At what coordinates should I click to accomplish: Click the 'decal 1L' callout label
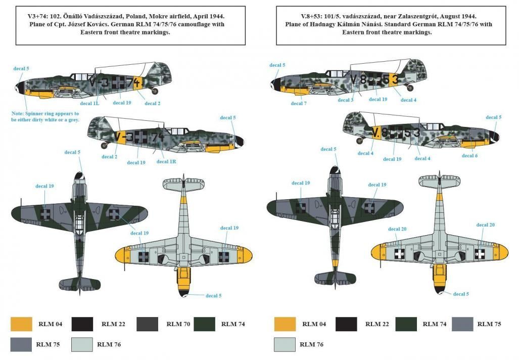[x=89, y=103]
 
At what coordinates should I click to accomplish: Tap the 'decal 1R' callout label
[x=166, y=161]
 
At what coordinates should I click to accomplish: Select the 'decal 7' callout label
[x=299, y=103]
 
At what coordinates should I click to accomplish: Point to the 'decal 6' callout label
[x=469, y=156]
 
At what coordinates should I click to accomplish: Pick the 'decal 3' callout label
[x=346, y=100]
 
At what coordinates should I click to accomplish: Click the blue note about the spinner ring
[x=45, y=117]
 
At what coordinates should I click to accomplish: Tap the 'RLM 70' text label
[x=179, y=324]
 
